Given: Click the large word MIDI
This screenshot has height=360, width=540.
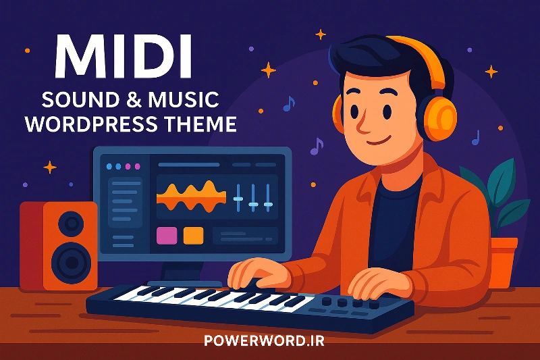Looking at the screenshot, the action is (x=123, y=57).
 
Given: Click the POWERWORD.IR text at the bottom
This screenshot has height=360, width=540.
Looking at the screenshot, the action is (x=264, y=340).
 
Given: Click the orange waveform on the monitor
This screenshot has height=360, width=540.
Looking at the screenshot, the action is (x=192, y=197).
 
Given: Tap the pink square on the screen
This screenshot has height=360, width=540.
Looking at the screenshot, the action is (x=167, y=236).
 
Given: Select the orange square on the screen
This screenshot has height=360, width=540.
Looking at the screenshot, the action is (x=193, y=236).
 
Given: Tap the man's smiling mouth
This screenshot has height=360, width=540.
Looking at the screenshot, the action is (x=379, y=140).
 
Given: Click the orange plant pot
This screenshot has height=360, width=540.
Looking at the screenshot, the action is (x=504, y=263).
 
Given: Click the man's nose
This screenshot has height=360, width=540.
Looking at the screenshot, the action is (x=362, y=125).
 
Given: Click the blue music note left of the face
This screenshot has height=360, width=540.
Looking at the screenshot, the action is (x=289, y=104).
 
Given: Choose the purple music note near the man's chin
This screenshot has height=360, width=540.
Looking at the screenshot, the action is (x=317, y=146).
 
